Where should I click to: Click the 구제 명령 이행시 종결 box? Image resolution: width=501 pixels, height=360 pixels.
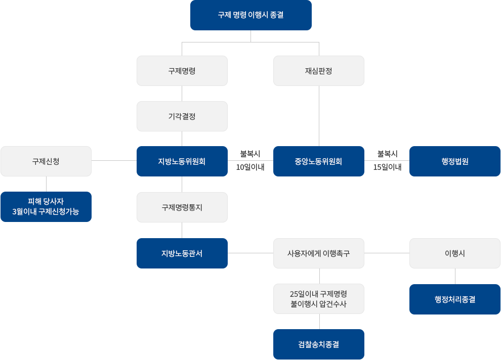251,15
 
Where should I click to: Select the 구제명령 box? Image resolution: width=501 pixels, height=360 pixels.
182,71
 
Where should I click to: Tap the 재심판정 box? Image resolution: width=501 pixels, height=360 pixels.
318,71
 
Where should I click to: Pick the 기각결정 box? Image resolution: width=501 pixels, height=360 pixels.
182,116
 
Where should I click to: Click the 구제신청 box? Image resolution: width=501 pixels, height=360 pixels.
46,161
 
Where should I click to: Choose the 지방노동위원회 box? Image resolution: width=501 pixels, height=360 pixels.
182,161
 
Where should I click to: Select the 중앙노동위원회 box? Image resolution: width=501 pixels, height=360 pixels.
318,161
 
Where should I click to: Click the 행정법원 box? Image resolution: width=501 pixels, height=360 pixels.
454,161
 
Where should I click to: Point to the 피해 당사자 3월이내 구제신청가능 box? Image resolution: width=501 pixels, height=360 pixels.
46,207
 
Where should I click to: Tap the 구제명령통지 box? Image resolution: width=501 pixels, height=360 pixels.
182,207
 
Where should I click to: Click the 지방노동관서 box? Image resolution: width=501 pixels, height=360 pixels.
182,253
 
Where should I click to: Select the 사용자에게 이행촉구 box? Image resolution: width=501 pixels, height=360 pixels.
318,253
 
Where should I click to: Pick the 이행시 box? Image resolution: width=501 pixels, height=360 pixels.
454,253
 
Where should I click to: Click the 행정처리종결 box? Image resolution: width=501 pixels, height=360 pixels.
454,299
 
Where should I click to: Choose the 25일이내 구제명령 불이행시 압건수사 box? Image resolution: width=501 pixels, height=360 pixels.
318,299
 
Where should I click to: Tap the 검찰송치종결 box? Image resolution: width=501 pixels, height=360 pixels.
318,344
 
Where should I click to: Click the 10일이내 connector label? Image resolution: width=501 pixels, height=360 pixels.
251,167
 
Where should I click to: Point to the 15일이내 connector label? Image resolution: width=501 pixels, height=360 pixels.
387,167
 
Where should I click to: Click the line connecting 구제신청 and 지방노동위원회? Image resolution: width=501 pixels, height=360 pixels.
114,161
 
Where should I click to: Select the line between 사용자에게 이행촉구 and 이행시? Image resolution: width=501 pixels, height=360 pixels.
387,252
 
